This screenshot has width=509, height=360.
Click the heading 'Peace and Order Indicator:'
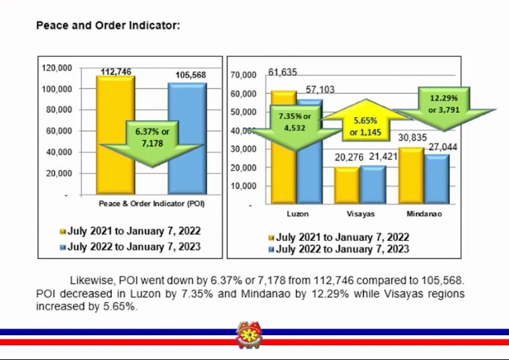[107, 26]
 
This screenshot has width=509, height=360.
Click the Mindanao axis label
[425, 214]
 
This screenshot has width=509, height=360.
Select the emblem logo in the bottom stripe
[250, 335]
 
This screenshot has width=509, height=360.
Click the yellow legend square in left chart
[63, 232]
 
